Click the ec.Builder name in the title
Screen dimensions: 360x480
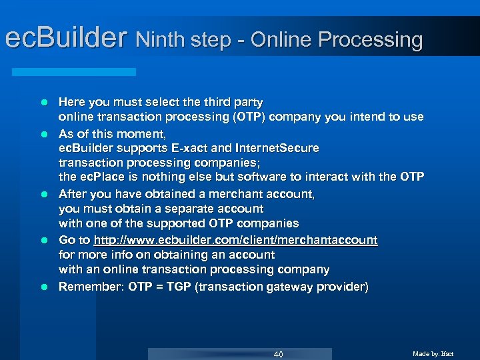(65, 39)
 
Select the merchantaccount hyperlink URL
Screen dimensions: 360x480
(235, 240)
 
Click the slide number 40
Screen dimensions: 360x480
(278, 354)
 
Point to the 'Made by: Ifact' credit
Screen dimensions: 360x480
(433, 353)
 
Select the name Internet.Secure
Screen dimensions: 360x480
(280, 147)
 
